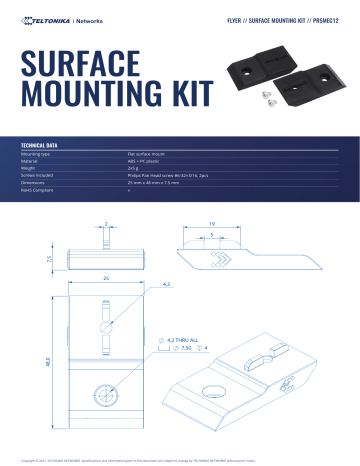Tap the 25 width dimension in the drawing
[104, 276]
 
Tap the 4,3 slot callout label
[166, 286]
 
